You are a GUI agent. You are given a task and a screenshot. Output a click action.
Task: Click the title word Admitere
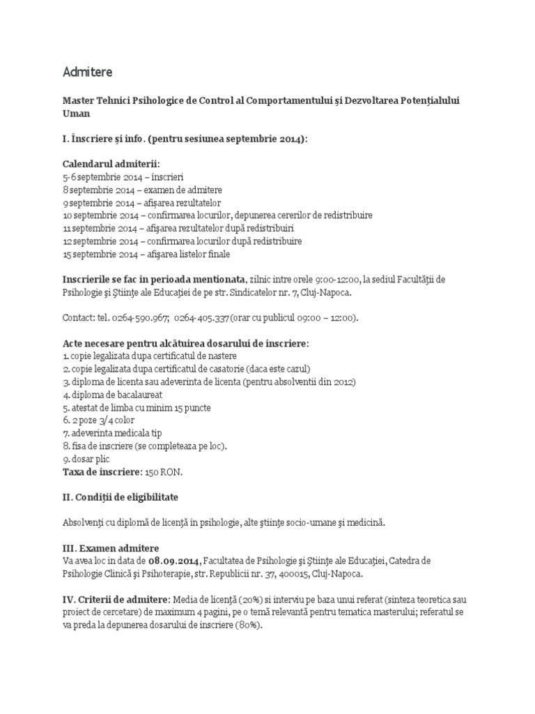(x=87, y=72)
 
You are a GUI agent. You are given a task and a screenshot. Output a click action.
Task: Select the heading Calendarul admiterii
(x=110, y=164)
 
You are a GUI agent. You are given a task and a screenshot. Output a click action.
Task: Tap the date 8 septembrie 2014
(x=96, y=190)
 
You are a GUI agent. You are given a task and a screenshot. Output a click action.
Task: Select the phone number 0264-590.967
(x=141, y=318)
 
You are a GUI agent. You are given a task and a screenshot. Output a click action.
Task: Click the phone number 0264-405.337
(x=203, y=318)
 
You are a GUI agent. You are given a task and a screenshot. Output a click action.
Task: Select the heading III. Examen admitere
(x=111, y=548)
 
